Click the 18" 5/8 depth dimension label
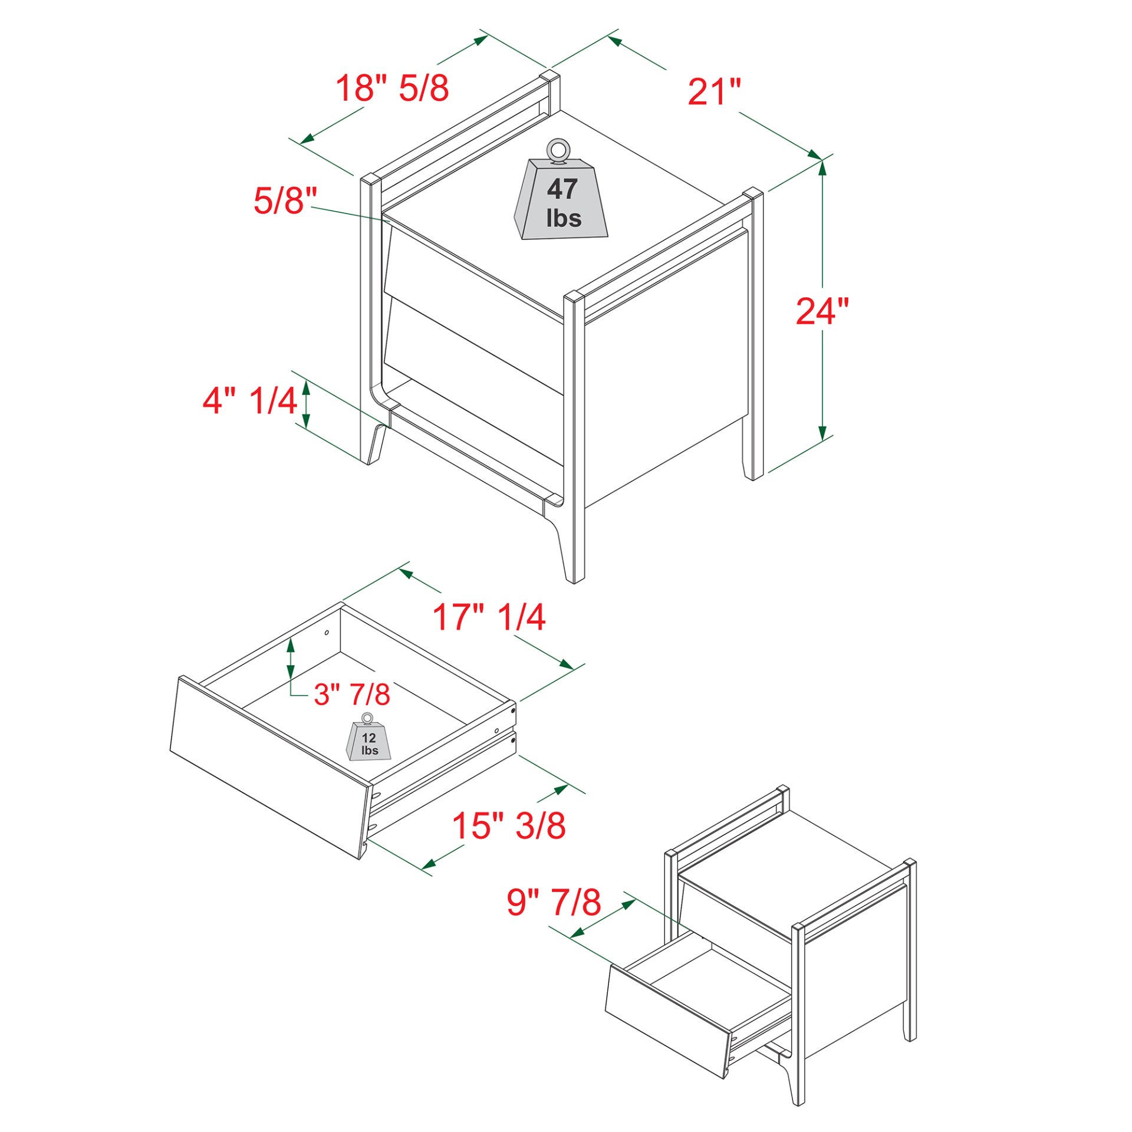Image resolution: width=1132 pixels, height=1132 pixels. (x=392, y=88)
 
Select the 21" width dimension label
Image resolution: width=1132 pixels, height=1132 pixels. (x=714, y=93)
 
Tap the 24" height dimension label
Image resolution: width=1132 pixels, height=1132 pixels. (x=822, y=311)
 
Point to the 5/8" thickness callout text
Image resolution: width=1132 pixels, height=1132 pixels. (x=285, y=200)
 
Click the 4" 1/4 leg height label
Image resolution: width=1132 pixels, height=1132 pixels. (x=249, y=400)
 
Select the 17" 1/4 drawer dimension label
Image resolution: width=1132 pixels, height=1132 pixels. (x=489, y=617)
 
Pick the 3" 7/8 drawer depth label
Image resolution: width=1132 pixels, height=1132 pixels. (x=352, y=695)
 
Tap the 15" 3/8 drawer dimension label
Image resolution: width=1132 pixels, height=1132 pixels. (x=508, y=825)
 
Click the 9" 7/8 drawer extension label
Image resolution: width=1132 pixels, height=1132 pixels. (x=554, y=902)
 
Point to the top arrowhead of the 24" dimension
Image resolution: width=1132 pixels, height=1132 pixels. (x=822, y=167)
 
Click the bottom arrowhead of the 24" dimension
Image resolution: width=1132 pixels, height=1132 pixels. (x=822, y=433)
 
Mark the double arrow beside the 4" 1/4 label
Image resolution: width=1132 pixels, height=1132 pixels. (x=306, y=404)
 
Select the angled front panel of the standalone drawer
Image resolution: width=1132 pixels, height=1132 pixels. (x=268, y=767)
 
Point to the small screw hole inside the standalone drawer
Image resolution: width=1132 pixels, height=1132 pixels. (x=327, y=633)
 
